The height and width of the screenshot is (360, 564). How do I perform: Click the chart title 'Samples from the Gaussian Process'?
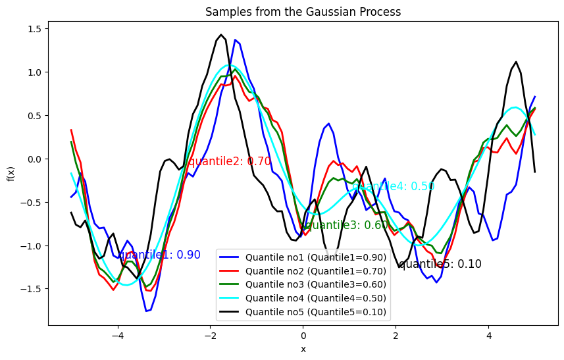point(303,12)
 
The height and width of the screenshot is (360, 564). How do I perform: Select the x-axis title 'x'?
point(303,349)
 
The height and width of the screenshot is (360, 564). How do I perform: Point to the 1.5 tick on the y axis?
point(33,29)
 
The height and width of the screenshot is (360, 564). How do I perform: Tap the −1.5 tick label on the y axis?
point(31,289)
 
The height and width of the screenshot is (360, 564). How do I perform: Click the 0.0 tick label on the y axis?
point(33,159)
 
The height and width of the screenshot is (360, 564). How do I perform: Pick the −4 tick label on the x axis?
point(118,336)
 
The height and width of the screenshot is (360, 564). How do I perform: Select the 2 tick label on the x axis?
point(396,336)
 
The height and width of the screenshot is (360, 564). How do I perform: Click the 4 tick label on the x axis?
point(488,336)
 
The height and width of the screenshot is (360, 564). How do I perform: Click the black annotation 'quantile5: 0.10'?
point(440,264)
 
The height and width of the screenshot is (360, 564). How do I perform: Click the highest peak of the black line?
point(221,35)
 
